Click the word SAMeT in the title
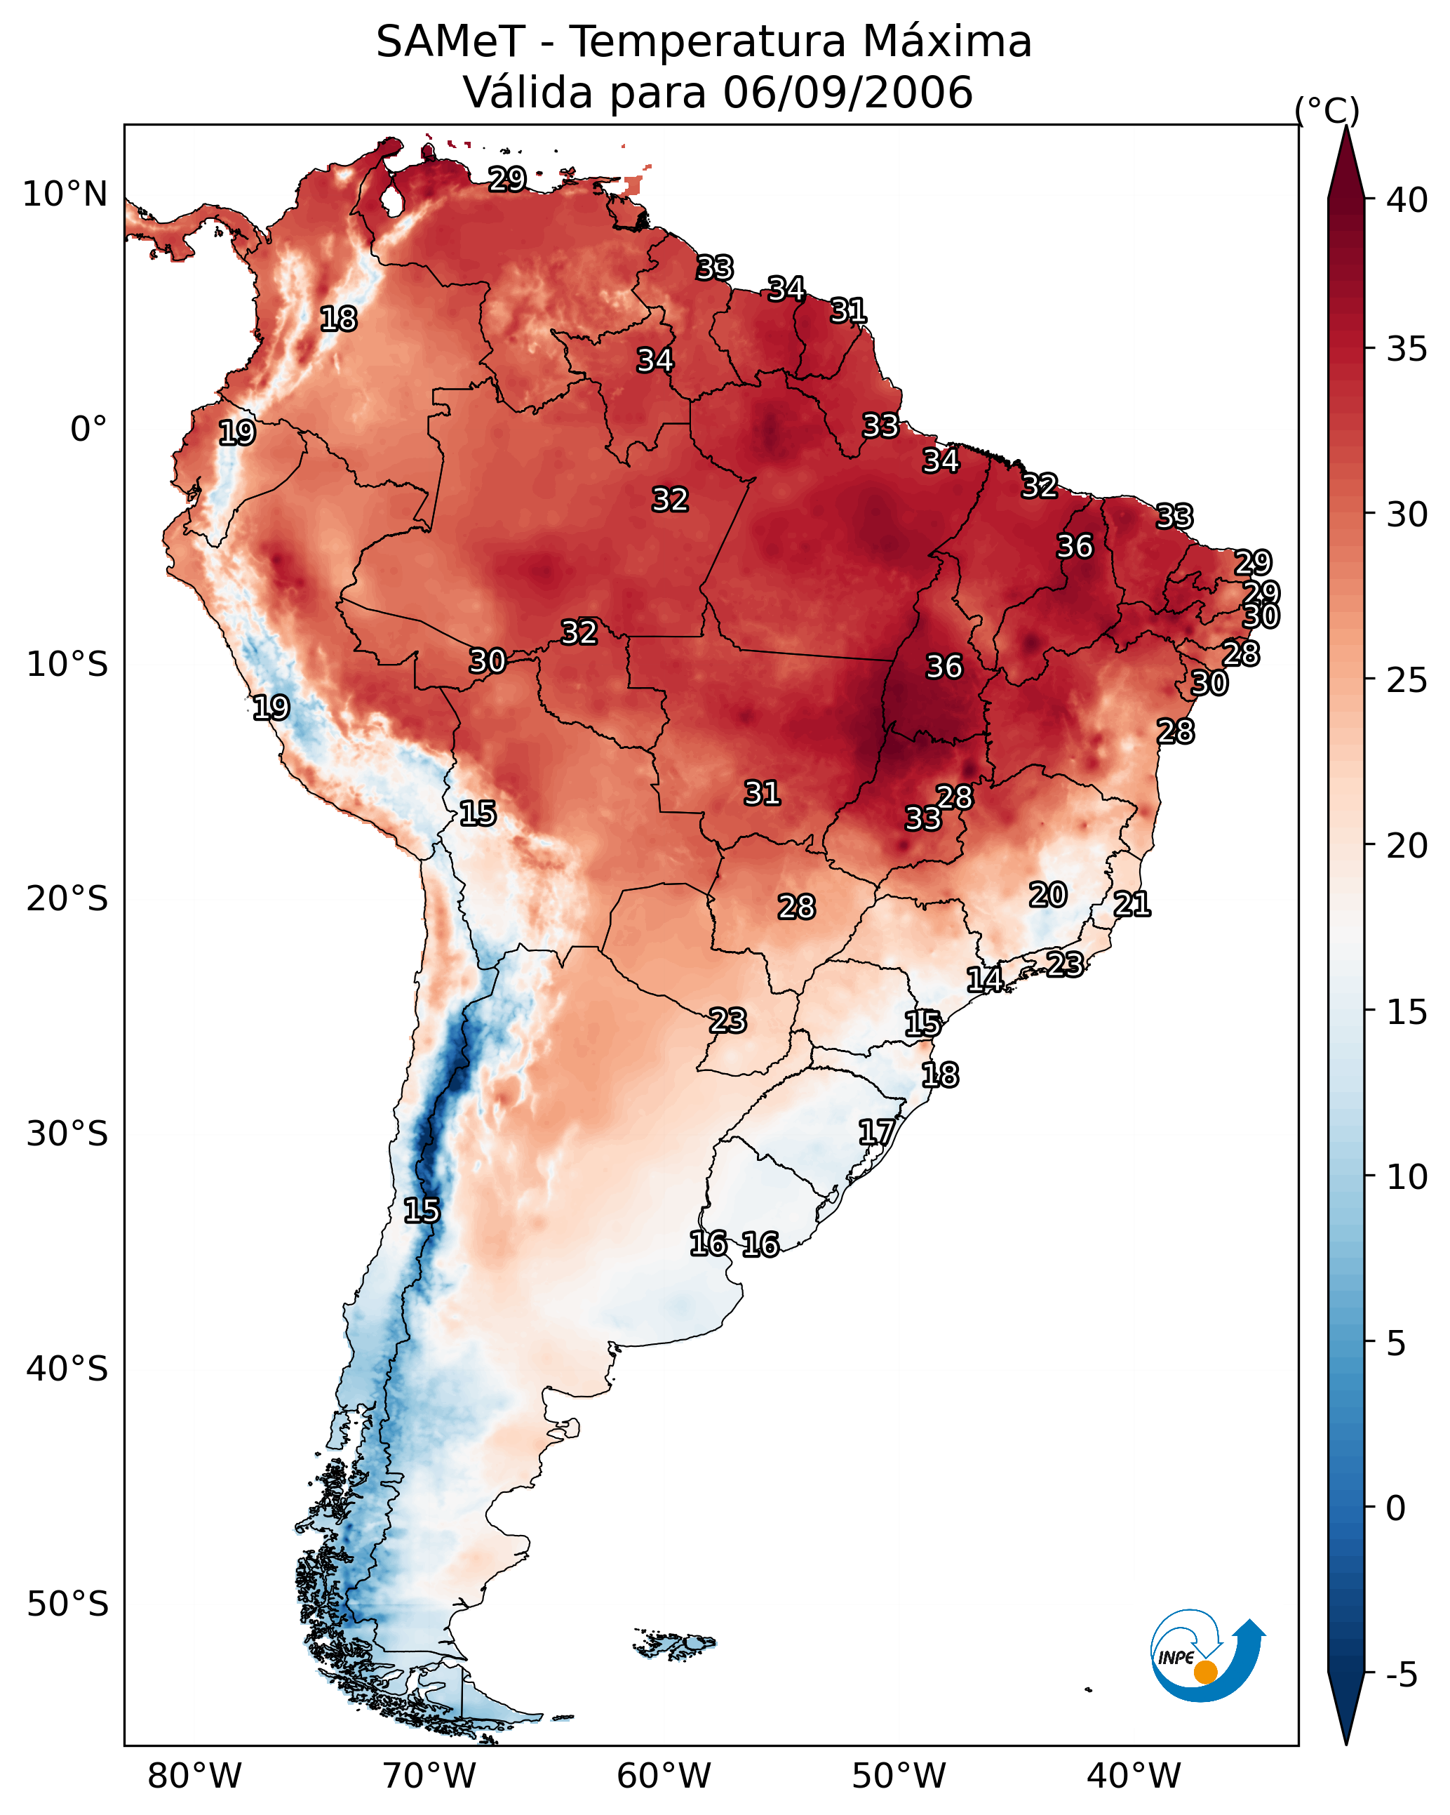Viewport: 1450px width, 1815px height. point(450,42)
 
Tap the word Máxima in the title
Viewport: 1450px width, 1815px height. point(948,41)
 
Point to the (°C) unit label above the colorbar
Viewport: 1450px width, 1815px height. point(1327,110)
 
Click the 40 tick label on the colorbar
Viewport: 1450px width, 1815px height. point(1407,200)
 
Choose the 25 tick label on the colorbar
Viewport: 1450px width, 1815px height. point(1407,680)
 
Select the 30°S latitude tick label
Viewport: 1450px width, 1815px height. point(67,1134)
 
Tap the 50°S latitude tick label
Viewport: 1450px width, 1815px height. point(67,1604)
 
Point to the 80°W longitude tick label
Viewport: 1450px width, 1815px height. point(194,1776)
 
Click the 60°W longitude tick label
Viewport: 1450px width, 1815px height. point(664,1776)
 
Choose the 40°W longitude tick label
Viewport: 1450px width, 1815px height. point(1134,1776)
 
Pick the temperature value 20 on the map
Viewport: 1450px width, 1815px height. point(1048,895)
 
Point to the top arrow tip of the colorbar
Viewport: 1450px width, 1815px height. point(1345,126)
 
